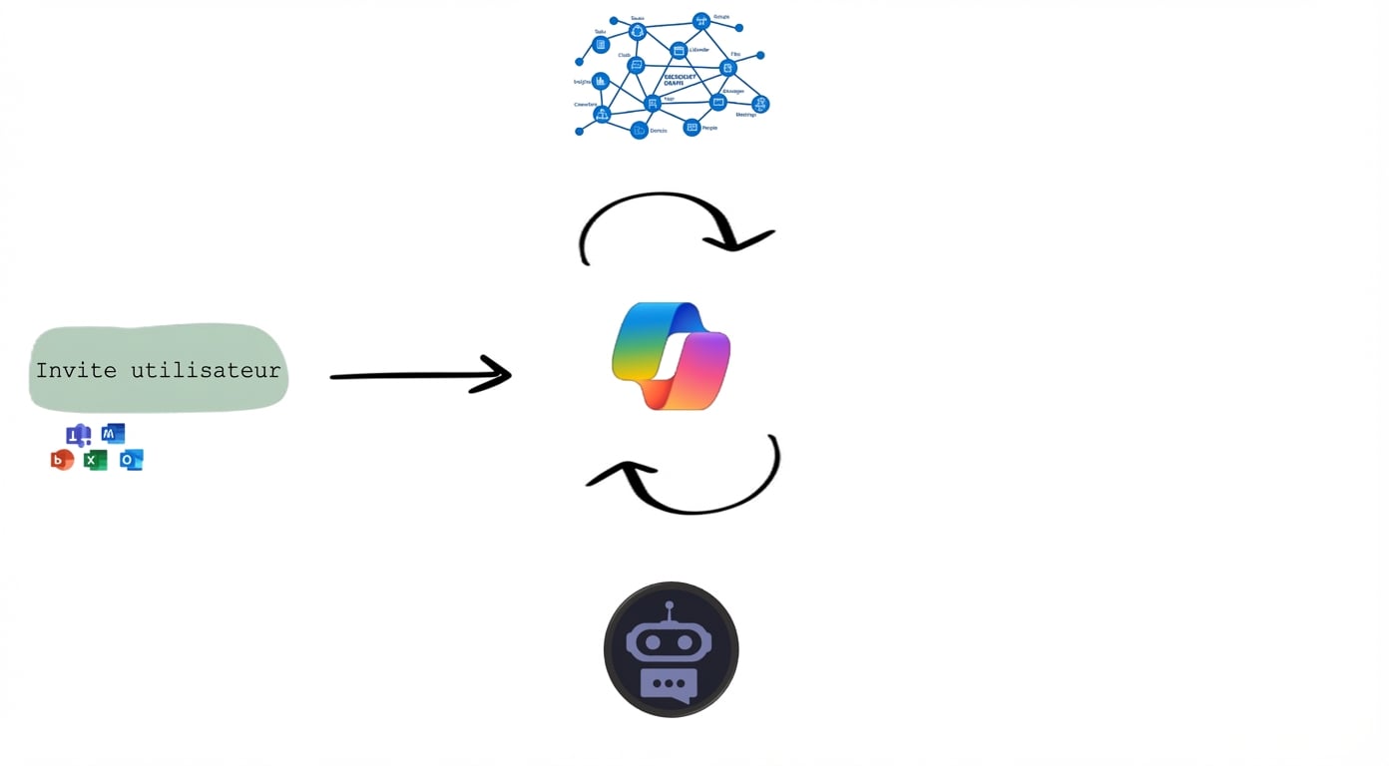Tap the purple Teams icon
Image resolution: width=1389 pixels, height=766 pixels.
pyautogui.click(x=78, y=436)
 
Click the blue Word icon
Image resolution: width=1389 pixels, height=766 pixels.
pyautogui.click(x=113, y=433)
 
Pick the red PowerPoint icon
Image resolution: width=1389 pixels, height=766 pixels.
pyautogui.click(x=62, y=460)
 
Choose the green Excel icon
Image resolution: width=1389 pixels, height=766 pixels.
pyautogui.click(x=95, y=460)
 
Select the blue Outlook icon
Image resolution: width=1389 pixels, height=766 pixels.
pyautogui.click(x=131, y=460)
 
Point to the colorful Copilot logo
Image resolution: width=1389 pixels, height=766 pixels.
pyautogui.click(x=671, y=356)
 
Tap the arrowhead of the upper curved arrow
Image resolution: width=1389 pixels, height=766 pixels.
pyautogui.click(x=740, y=240)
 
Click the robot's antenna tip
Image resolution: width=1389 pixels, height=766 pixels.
pyautogui.click(x=670, y=605)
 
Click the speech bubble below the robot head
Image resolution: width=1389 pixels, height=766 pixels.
pyautogui.click(x=670, y=685)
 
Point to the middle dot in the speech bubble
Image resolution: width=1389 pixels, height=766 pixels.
pyautogui.click(x=670, y=684)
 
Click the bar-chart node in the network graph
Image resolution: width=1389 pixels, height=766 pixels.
pyautogui.click(x=601, y=82)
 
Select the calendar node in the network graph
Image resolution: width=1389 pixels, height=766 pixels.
pyautogui.click(x=679, y=51)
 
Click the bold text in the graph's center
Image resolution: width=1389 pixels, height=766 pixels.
pyautogui.click(x=679, y=79)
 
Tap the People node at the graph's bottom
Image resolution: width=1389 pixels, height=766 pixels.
pyautogui.click(x=692, y=128)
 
